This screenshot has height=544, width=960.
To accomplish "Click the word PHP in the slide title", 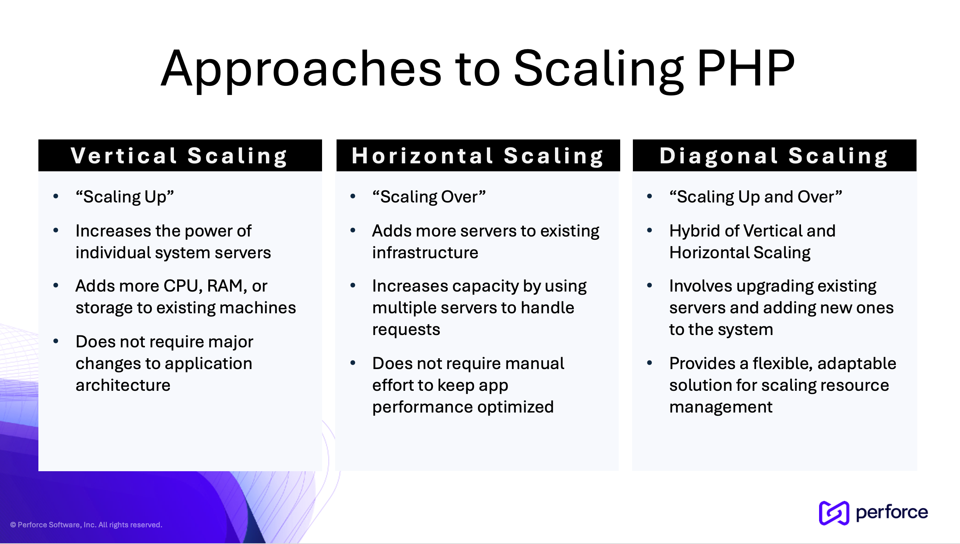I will coord(746,69).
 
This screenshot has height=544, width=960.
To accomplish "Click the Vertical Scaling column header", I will coord(180,156).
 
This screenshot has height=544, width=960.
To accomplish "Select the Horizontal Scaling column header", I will coord(478,156).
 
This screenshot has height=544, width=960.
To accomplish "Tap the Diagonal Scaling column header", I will coord(774,156).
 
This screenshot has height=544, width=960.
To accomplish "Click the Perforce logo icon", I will coord(834,513).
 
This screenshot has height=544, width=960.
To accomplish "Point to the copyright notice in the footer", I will coord(86,524).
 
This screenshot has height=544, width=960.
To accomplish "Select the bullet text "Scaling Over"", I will coord(429,197).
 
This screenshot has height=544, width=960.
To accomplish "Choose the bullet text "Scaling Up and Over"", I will coord(756,197).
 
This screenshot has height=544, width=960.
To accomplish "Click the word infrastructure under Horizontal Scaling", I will coord(425,253).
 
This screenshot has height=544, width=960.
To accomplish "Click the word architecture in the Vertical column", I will coord(123,385).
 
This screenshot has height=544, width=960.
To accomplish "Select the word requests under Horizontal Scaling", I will coord(406,330).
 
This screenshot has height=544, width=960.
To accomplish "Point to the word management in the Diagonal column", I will coord(721,407).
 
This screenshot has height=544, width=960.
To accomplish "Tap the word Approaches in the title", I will coord(301,69).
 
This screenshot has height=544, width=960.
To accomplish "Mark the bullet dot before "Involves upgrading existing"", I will coord(650,286).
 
